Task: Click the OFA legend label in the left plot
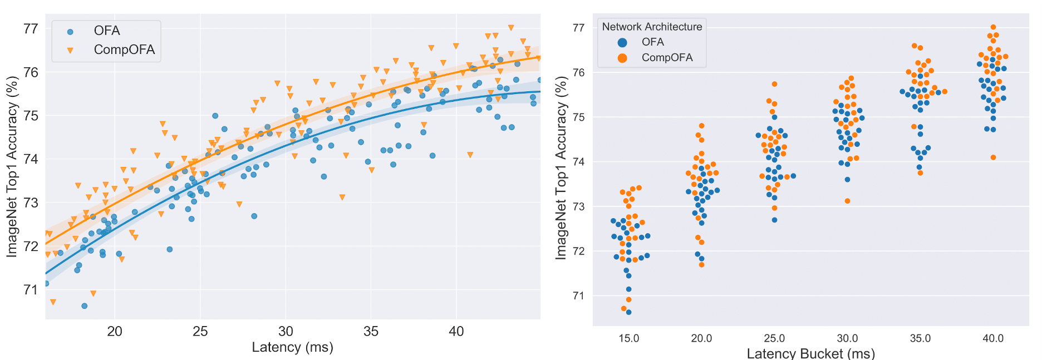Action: click(107, 31)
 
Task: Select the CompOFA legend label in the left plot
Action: click(124, 50)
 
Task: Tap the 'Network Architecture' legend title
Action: click(652, 27)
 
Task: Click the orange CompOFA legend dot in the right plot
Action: click(622, 58)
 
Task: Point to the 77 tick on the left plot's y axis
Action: click(31, 28)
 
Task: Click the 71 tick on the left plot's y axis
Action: click(31, 289)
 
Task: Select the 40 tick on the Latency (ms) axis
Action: click(456, 332)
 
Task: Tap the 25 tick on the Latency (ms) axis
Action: click(200, 332)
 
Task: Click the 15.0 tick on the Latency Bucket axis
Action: click(628, 338)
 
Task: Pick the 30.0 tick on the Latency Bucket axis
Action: click(847, 338)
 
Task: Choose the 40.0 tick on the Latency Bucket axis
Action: click(993, 338)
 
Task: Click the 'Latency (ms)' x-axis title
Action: click(292, 348)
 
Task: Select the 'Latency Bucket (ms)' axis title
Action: click(810, 353)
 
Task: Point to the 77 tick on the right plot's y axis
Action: click(578, 28)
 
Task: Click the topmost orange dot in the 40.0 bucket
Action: click(993, 27)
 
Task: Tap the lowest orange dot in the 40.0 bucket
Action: click(993, 157)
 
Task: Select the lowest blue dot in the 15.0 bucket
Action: click(628, 312)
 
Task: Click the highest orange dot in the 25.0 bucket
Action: click(774, 85)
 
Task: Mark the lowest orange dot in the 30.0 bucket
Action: click(847, 201)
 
